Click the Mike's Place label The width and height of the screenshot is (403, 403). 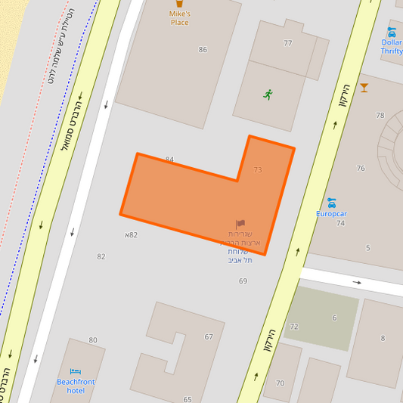(x=179, y=18)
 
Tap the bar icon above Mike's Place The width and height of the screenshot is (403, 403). (x=179, y=3)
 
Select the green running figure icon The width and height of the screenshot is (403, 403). (x=268, y=95)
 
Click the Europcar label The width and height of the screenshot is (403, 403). (x=331, y=214)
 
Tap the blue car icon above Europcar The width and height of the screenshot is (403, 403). (x=331, y=202)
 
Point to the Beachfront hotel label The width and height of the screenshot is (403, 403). (x=76, y=386)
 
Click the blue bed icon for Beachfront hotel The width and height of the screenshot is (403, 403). (x=75, y=371)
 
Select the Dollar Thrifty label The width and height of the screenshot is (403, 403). (x=392, y=47)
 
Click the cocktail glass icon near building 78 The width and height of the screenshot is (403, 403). (x=364, y=88)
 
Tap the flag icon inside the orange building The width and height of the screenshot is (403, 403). (x=240, y=224)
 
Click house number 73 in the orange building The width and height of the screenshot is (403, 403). (x=258, y=170)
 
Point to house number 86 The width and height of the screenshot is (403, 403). (x=203, y=50)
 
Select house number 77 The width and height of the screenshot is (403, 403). (x=287, y=43)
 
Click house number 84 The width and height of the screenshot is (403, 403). (x=169, y=160)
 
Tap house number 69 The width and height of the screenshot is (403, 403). (x=243, y=281)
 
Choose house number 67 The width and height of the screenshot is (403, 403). (x=209, y=336)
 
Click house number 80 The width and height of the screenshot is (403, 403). (x=93, y=340)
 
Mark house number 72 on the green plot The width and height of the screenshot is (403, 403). (x=294, y=327)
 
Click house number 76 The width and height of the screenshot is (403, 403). (x=361, y=169)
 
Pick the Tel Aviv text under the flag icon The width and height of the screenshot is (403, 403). (x=239, y=260)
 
